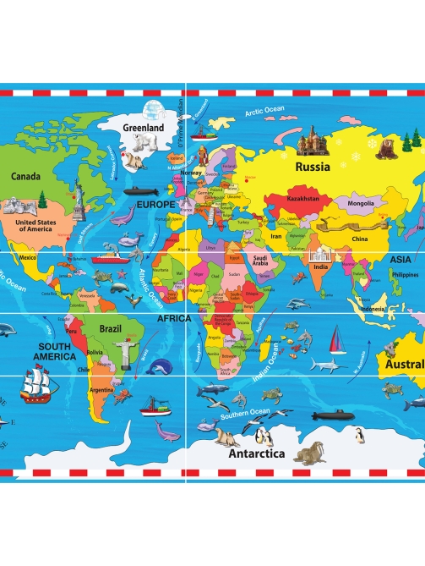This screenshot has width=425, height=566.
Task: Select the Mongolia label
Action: click(x=356, y=203)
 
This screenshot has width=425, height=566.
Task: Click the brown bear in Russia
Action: click(x=387, y=150)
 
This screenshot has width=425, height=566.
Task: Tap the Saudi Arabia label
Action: click(x=259, y=261)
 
